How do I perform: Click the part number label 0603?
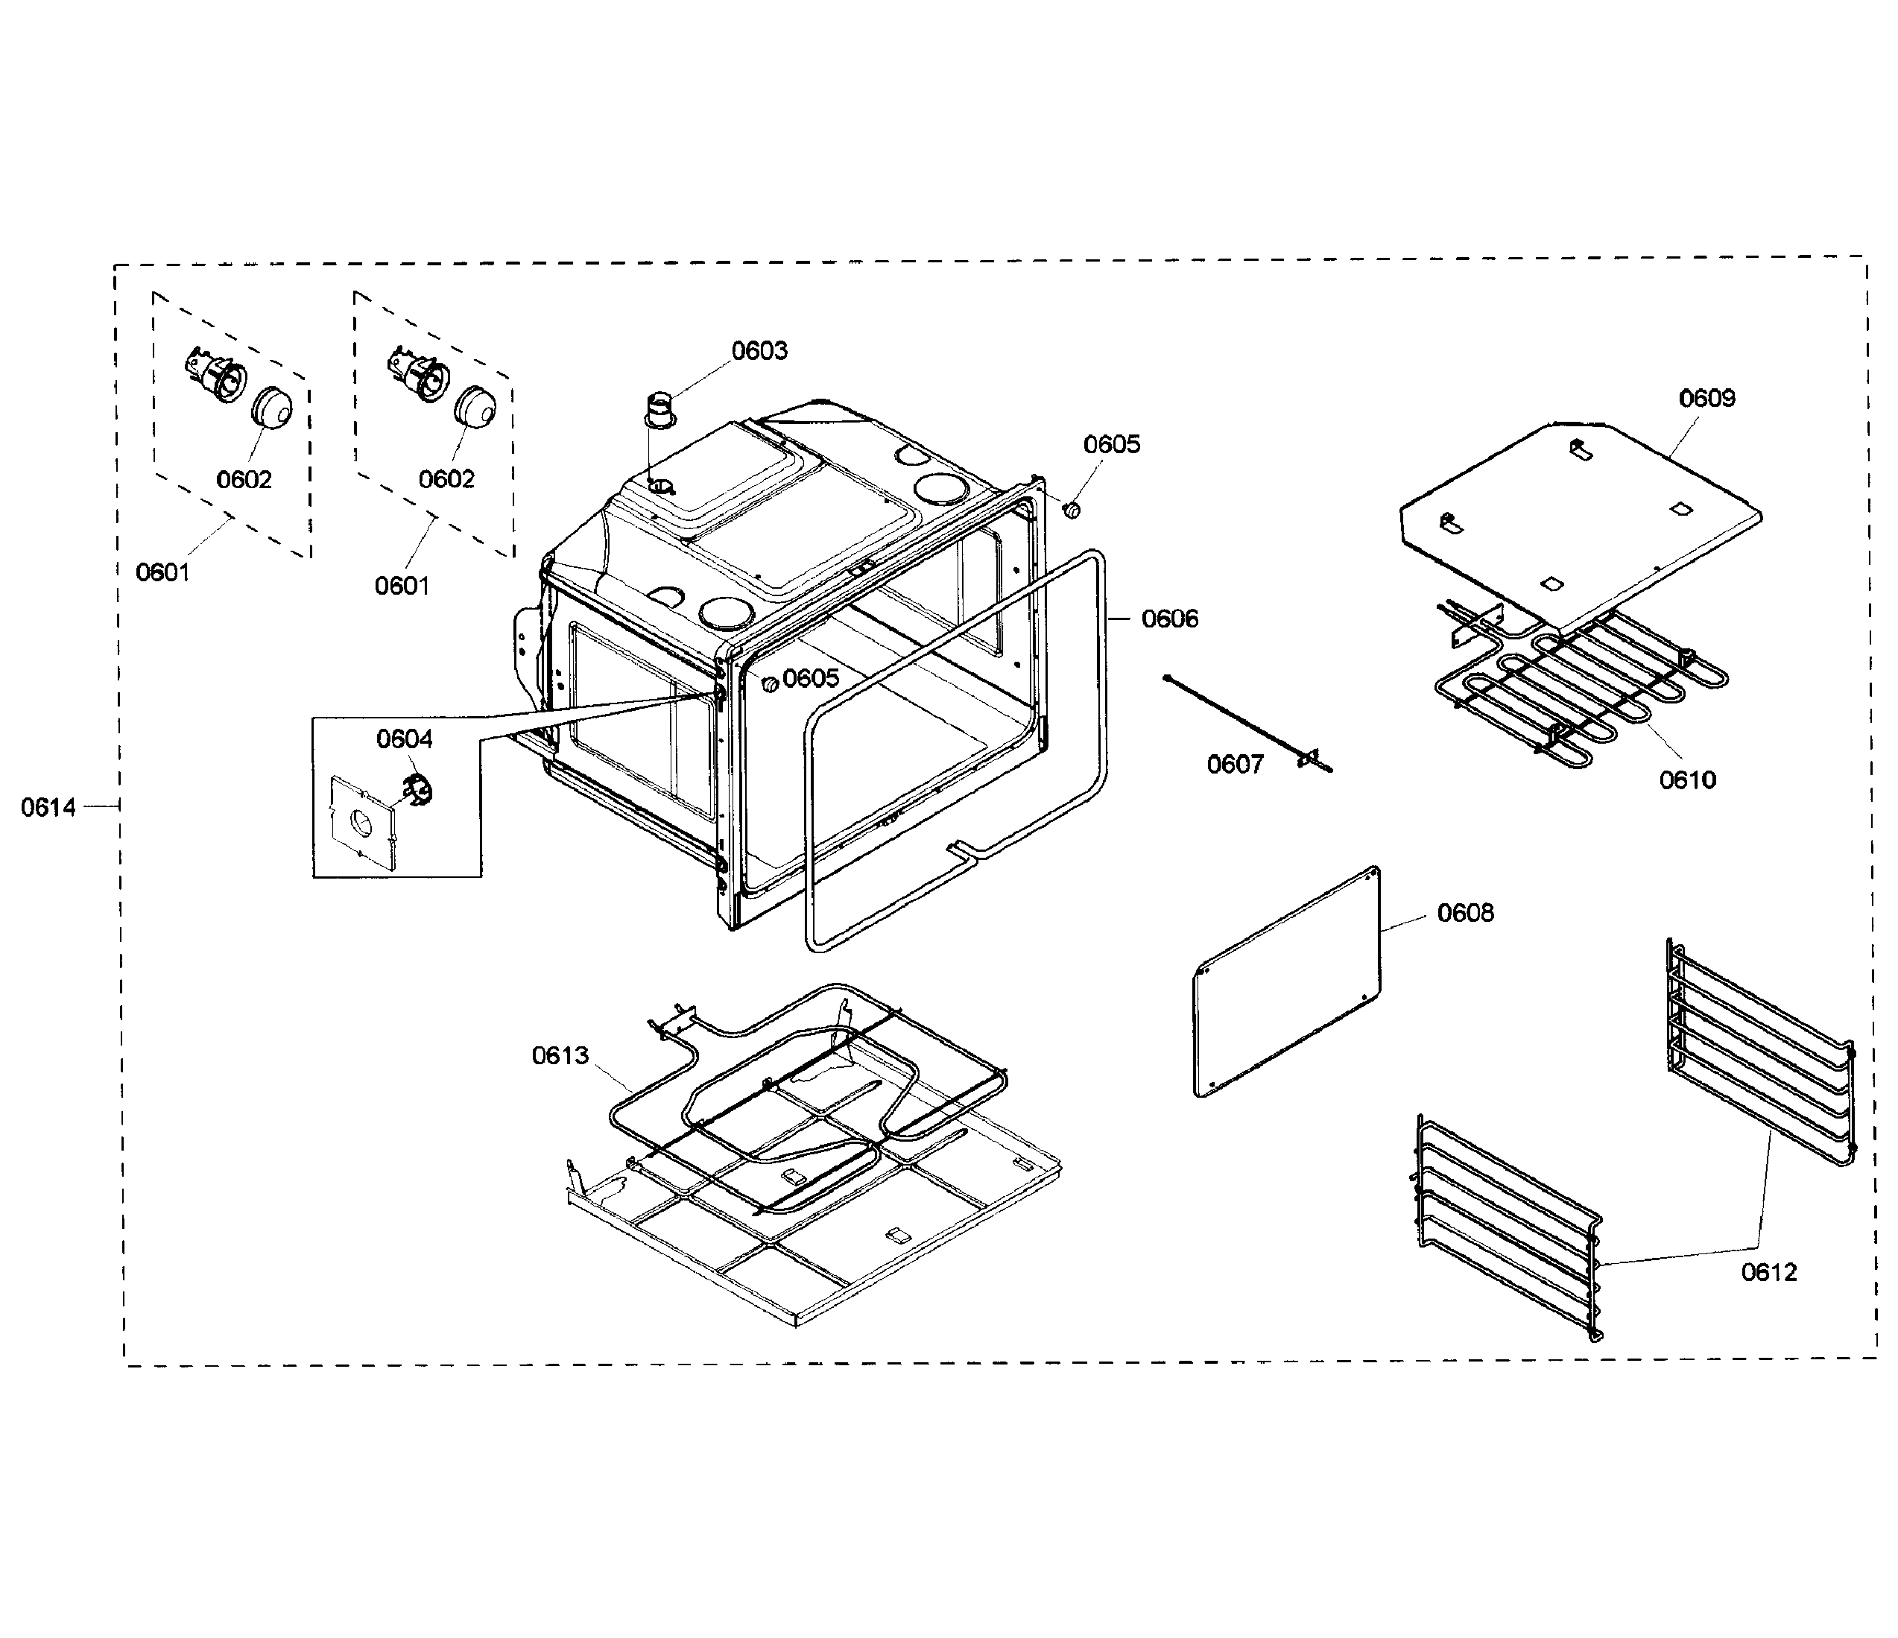click(759, 351)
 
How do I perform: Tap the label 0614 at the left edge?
click(48, 807)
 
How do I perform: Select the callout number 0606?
click(1169, 619)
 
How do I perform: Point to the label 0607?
click(1234, 764)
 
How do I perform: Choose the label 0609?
click(1706, 399)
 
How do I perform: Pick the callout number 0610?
click(1687, 780)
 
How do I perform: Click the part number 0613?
click(560, 1055)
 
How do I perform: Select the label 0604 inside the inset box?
click(404, 739)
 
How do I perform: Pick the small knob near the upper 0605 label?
click(1072, 508)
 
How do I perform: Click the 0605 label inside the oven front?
click(810, 678)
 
